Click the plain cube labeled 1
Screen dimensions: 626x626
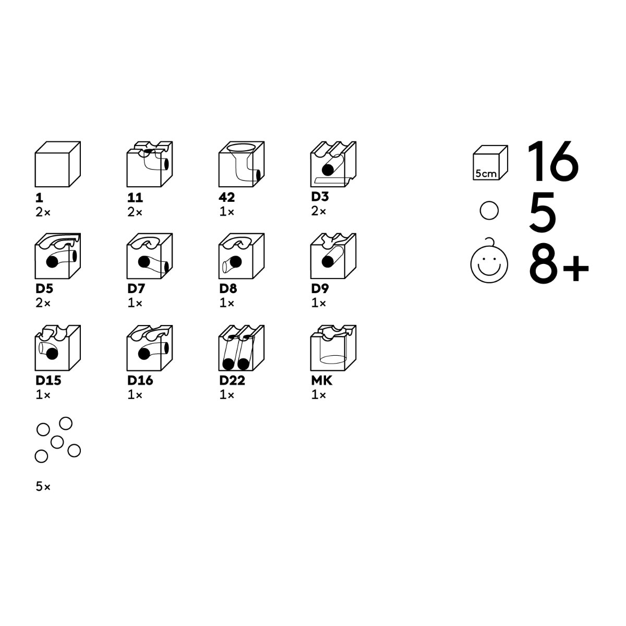click(x=57, y=164)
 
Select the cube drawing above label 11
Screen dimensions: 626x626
click(x=149, y=164)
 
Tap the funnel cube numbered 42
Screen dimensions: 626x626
click(x=242, y=164)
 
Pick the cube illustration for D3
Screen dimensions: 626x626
click(x=333, y=164)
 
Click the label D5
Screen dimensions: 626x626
click(x=44, y=288)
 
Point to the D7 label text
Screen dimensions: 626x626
click(x=136, y=288)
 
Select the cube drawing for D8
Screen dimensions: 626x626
click(x=242, y=256)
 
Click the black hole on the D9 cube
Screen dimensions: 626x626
click(x=328, y=262)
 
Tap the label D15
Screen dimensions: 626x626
click(x=49, y=380)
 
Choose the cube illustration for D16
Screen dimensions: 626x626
click(x=149, y=348)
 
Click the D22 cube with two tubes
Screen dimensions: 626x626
click(x=242, y=348)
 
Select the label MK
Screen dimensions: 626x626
click(x=322, y=380)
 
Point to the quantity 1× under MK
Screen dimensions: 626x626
click(x=319, y=395)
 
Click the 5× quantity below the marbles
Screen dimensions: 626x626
click(x=43, y=487)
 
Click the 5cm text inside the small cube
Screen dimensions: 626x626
click(x=486, y=174)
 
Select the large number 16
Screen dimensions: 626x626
click(x=553, y=161)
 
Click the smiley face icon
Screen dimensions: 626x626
click(x=489, y=262)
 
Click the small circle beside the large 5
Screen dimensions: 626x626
click(x=489, y=211)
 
